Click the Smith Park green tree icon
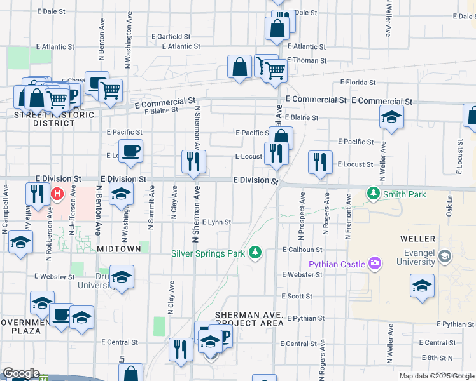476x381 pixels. (x=373, y=194)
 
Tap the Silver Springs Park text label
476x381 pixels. (x=208, y=254)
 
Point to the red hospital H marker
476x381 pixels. (x=58, y=193)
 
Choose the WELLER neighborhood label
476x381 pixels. (x=418, y=239)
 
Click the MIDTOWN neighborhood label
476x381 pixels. (x=119, y=249)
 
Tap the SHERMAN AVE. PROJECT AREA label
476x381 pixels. (x=249, y=319)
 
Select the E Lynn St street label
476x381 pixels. (x=216, y=222)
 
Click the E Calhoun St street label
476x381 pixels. (x=303, y=250)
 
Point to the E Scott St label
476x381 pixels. (x=298, y=297)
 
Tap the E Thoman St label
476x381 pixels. (x=307, y=61)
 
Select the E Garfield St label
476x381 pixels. (x=170, y=37)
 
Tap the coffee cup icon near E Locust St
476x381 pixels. (x=130, y=151)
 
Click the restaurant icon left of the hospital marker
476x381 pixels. (x=38, y=193)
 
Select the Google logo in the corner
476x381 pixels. (x=21, y=374)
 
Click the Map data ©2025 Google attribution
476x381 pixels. (x=436, y=376)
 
